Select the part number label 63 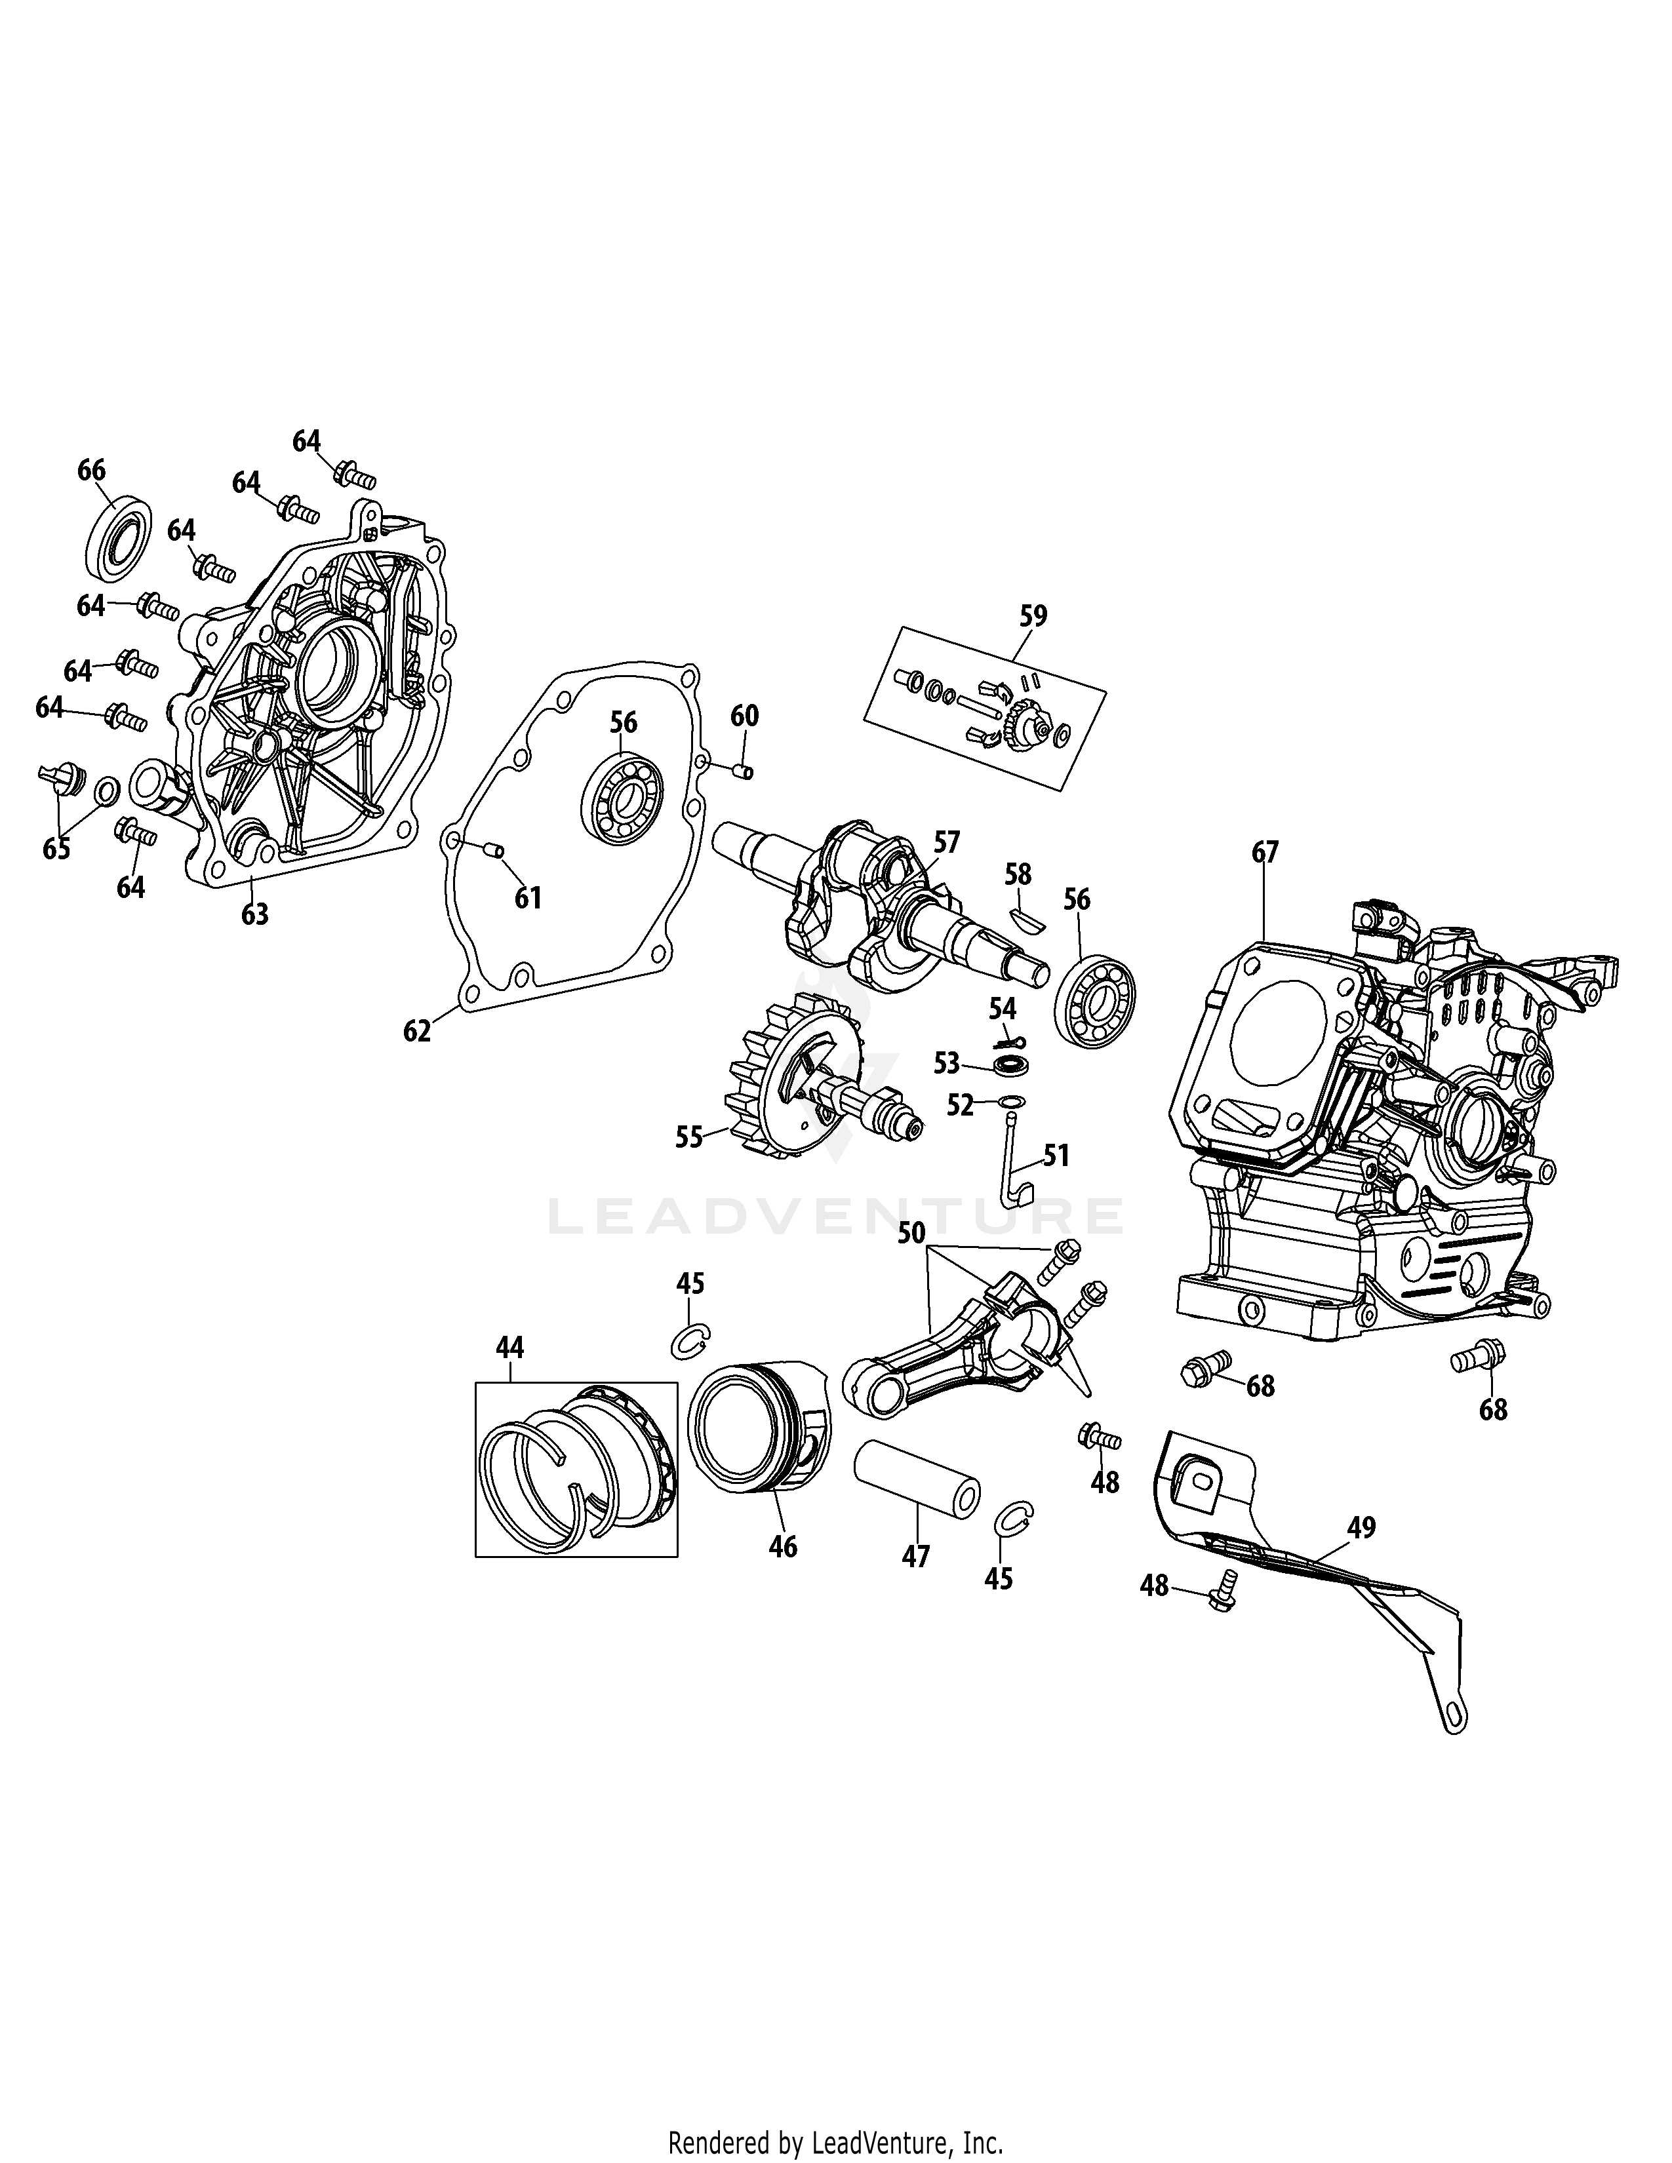[x=254, y=913]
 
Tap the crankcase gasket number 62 [x=417, y=1031]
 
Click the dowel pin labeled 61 [x=492, y=848]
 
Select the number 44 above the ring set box [x=510, y=1347]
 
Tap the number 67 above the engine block [x=1265, y=851]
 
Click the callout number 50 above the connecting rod [x=911, y=1233]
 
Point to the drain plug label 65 [x=56, y=849]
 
